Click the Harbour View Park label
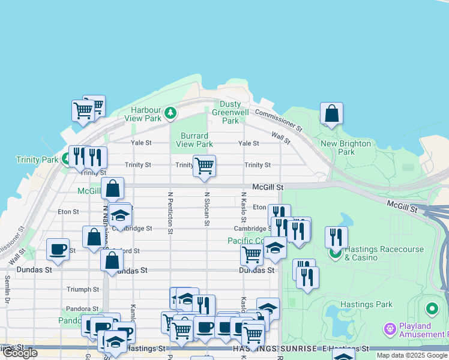[x=146, y=114]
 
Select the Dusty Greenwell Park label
[x=231, y=112]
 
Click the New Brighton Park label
[x=346, y=148]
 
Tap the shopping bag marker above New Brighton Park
[x=331, y=113]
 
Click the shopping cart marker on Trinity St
[x=205, y=166]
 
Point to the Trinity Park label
[x=37, y=160]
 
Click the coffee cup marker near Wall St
[x=58, y=249]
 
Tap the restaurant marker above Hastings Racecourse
[x=336, y=237]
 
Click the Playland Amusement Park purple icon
[x=390, y=329]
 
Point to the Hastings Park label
[x=366, y=304]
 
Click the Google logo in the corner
[x=19, y=353]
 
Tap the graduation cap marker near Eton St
[x=121, y=215]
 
